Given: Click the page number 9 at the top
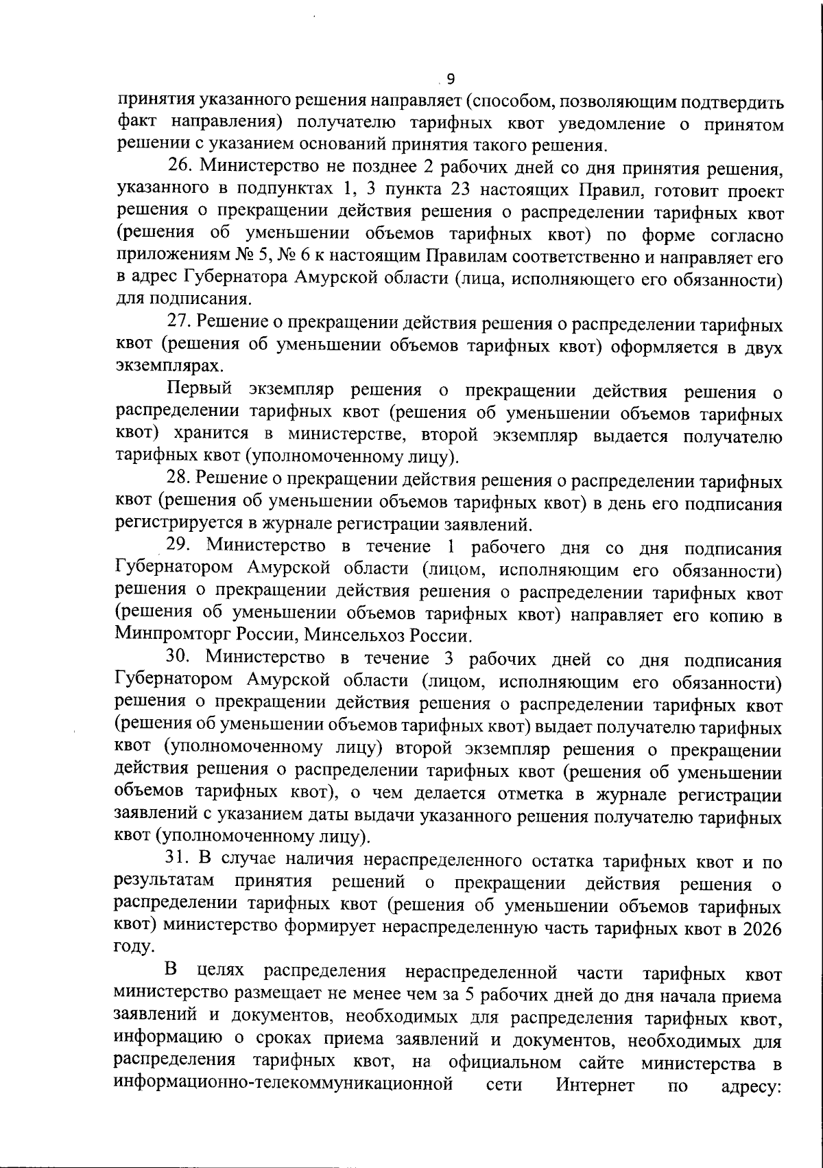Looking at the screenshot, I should pos(451,78).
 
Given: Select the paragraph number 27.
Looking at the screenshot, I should pos(180,324).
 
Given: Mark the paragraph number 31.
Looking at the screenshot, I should pos(180,861).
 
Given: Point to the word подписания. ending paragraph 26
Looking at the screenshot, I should pos(182,301).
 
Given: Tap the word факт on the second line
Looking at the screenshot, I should pos(136,124).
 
